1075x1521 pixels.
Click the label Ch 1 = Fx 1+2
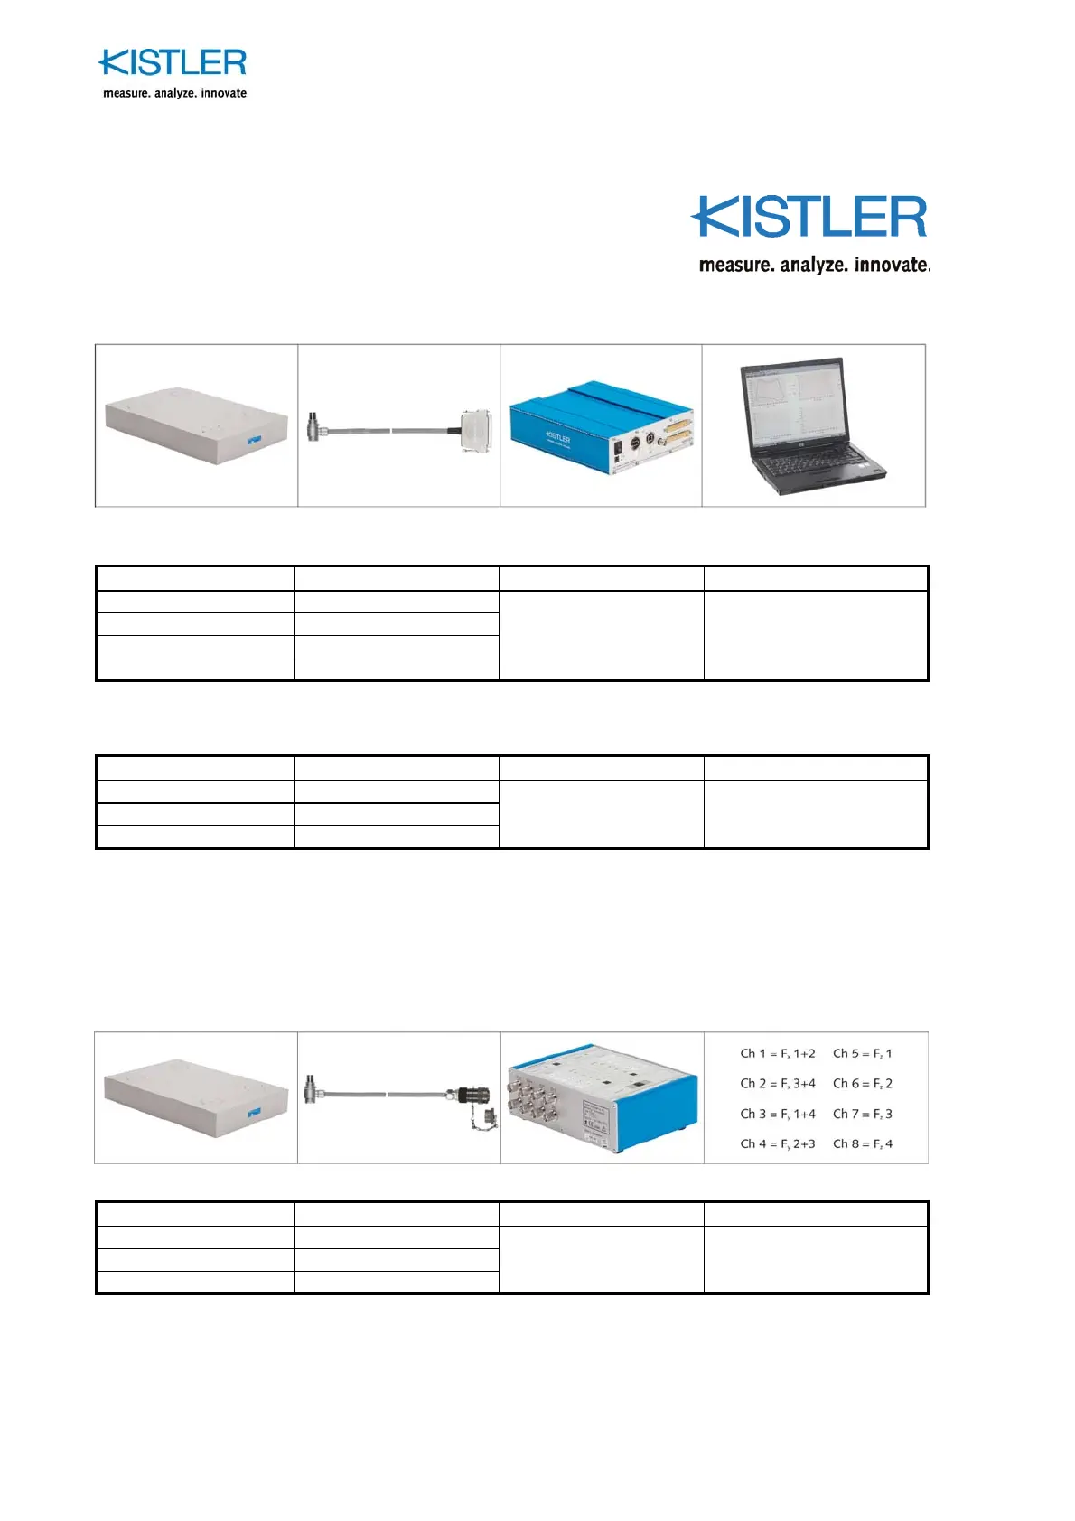coord(777,1053)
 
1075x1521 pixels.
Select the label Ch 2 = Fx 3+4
coord(777,1084)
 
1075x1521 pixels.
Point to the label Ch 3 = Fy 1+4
coord(777,1114)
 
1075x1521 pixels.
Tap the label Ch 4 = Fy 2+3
coord(777,1144)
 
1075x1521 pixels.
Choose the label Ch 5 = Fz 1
coord(862,1053)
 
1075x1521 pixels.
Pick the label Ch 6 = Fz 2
coord(862,1084)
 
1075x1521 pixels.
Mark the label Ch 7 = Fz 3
coord(862,1114)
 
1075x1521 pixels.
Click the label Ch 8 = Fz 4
coord(862,1144)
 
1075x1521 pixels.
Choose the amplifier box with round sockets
coord(601,1098)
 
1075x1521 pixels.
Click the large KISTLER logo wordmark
coord(809,218)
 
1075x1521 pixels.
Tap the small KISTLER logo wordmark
coord(173,63)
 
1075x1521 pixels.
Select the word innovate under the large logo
coord(891,265)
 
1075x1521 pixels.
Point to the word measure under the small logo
coord(125,93)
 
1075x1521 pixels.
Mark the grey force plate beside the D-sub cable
coord(196,425)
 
